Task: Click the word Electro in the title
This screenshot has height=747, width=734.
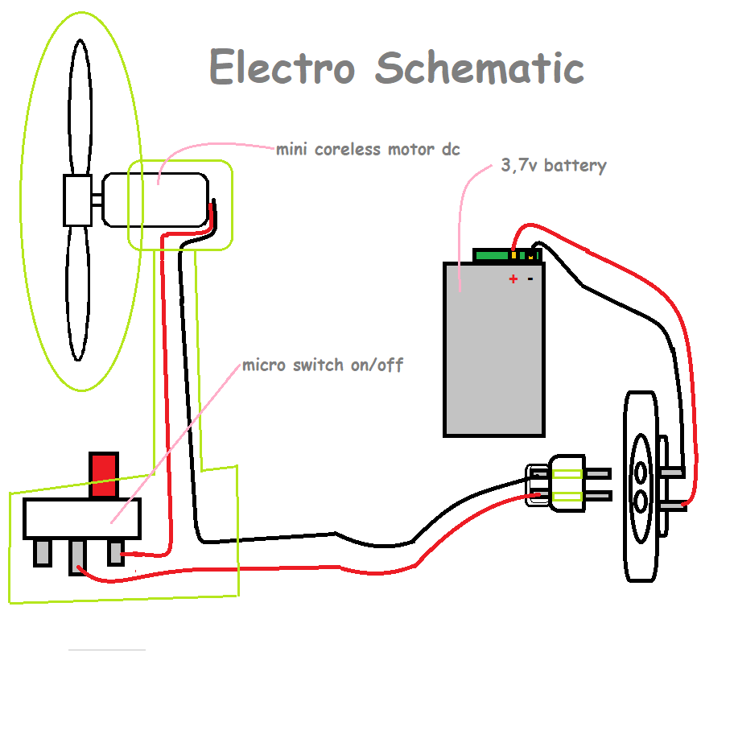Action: (282, 68)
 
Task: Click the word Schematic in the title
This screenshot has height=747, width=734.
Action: (479, 68)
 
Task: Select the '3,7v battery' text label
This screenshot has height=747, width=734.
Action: (554, 166)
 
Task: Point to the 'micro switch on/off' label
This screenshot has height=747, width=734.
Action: (323, 365)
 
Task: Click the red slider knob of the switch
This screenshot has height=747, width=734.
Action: (104, 475)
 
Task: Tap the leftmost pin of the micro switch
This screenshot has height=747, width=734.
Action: (42, 552)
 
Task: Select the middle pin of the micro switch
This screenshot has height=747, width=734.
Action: (78, 554)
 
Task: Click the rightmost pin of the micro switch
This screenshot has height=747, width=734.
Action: (116, 552)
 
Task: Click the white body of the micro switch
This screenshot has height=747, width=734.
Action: (81, 518)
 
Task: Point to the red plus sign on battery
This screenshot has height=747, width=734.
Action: (513, 279)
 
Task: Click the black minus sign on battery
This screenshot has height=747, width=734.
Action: (530, 279)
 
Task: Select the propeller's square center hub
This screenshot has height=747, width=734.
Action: (78, 200)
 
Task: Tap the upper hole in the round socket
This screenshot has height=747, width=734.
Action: (641, 472)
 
